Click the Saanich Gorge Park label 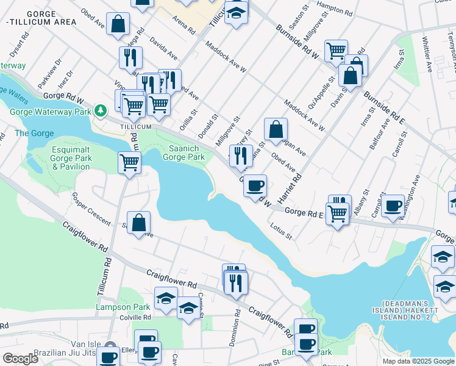click(183, 152)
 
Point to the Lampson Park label click(123, 307)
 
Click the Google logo click(20, 359)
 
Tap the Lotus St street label click(281, 232)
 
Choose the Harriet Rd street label click(290, 188)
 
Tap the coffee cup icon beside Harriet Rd click(255, 185)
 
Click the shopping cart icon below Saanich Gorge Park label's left click(130, 163)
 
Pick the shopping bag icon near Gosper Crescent click(139, 223)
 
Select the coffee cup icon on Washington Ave click(393, 206)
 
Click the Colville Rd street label click(135, 317)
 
